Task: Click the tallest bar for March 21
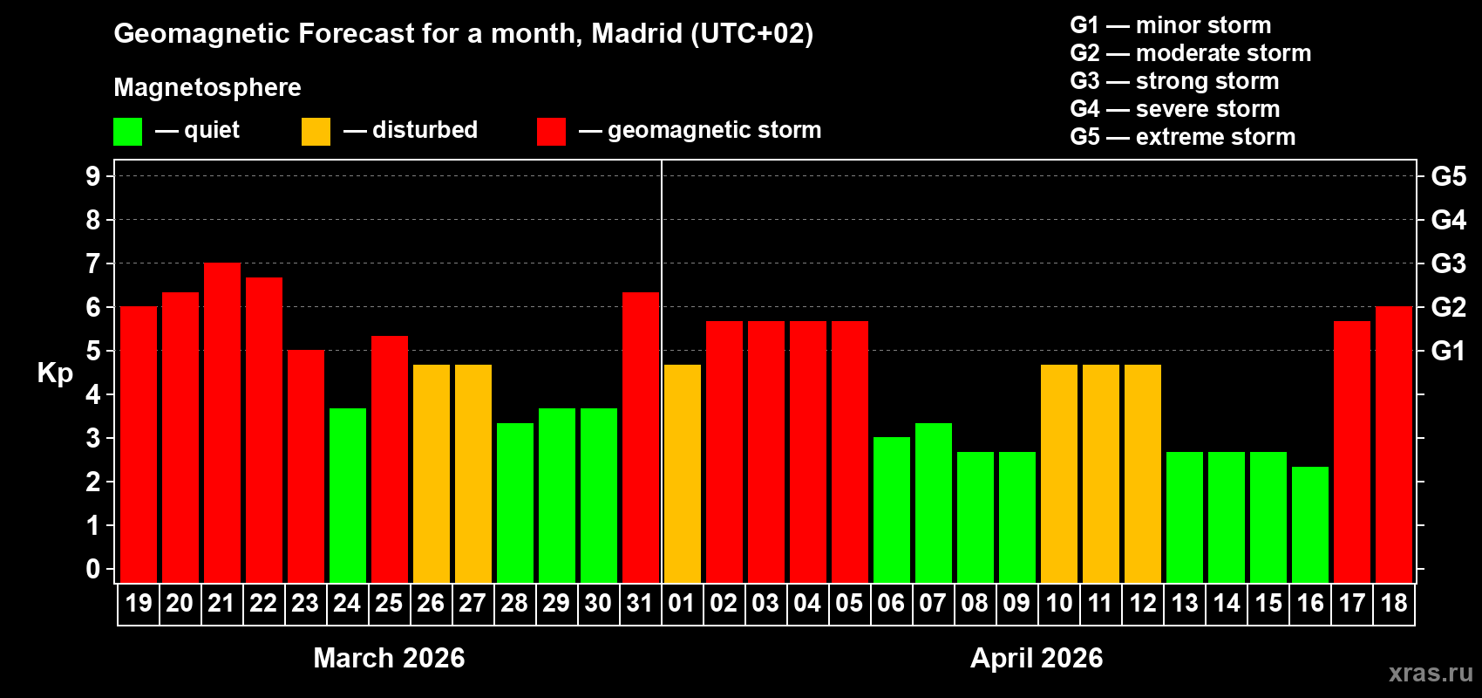[x=222, y=423]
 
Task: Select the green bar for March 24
[x=348, y=496]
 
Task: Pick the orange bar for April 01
[x=683, y=474]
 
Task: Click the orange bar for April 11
[x=1101, y=474]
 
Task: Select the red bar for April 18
[x=1394, y=445]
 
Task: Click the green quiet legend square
[x=128, y=132]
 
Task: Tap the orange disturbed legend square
[x=316, y=132]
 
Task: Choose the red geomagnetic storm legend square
[x=551, y=132]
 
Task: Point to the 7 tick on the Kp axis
[x=93, y=263]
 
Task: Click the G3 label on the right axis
[x=1448, y=263]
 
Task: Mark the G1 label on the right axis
[x=1448, y=351]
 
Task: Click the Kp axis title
[x=55, y=373]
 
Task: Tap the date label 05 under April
[x=849, y=604]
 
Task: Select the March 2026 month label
[x=389, y=658]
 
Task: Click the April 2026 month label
[x=1037, y=658]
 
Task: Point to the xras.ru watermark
[x=1431, y=673]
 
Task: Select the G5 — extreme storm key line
[x=1182, y=137]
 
